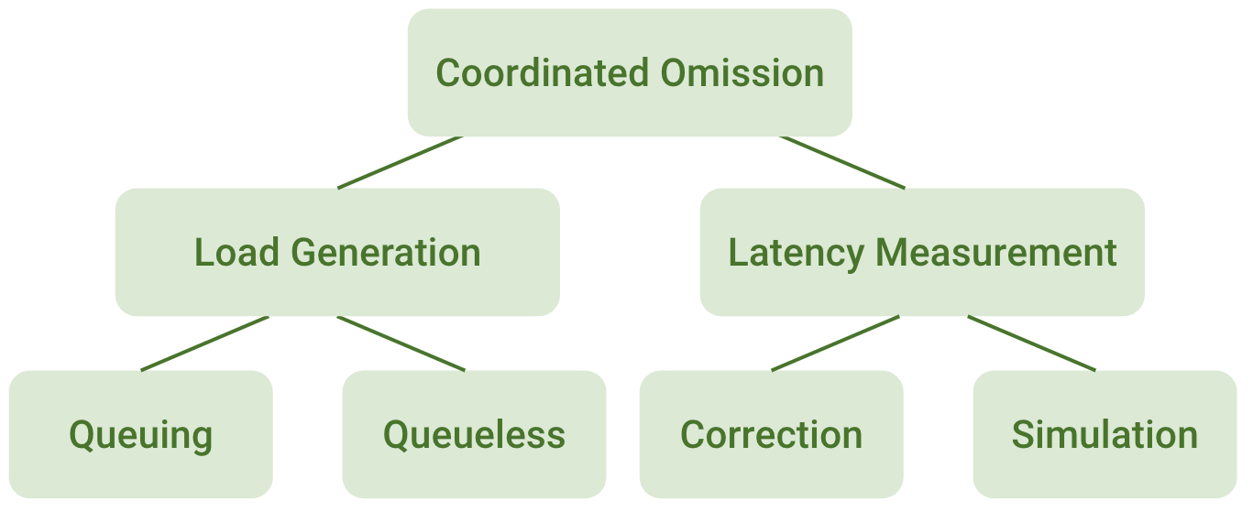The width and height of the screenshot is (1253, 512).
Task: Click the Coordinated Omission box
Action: (x=630, y=72)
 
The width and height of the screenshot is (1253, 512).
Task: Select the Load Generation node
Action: (x=337, y=252)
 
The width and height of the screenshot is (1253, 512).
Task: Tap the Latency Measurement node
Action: (x=922, y=252)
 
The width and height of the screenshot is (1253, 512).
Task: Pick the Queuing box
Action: (x=141, y=434)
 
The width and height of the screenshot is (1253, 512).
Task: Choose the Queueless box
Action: (x=475, y=434)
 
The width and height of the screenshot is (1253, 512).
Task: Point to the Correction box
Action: (x=772, y=434)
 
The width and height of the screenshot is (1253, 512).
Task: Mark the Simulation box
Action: (x=1105, y=434)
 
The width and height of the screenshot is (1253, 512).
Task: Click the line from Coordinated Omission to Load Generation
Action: (x=400, y=163)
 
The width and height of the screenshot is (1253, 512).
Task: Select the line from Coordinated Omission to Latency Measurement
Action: (x=842, y=163)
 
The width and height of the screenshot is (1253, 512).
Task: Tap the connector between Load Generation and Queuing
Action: (x=204, y=343)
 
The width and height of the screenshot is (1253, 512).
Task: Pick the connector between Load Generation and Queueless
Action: (x=401, y=343)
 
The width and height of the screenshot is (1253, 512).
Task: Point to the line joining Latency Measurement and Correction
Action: (x=836, y=343)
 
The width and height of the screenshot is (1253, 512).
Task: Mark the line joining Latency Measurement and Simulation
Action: (x=1031, y=343)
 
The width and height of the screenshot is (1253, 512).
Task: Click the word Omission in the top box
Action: (x=742, y=72)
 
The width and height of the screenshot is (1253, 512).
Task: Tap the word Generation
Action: (x=386, y=252)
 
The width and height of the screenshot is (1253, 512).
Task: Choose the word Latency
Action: (x=797, y=255)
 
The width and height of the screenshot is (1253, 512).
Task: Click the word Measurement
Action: (x=996, y=253)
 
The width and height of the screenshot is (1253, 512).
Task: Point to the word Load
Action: (x=236, y=252)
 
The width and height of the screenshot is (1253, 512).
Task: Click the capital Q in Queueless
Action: (x=397, y=435)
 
